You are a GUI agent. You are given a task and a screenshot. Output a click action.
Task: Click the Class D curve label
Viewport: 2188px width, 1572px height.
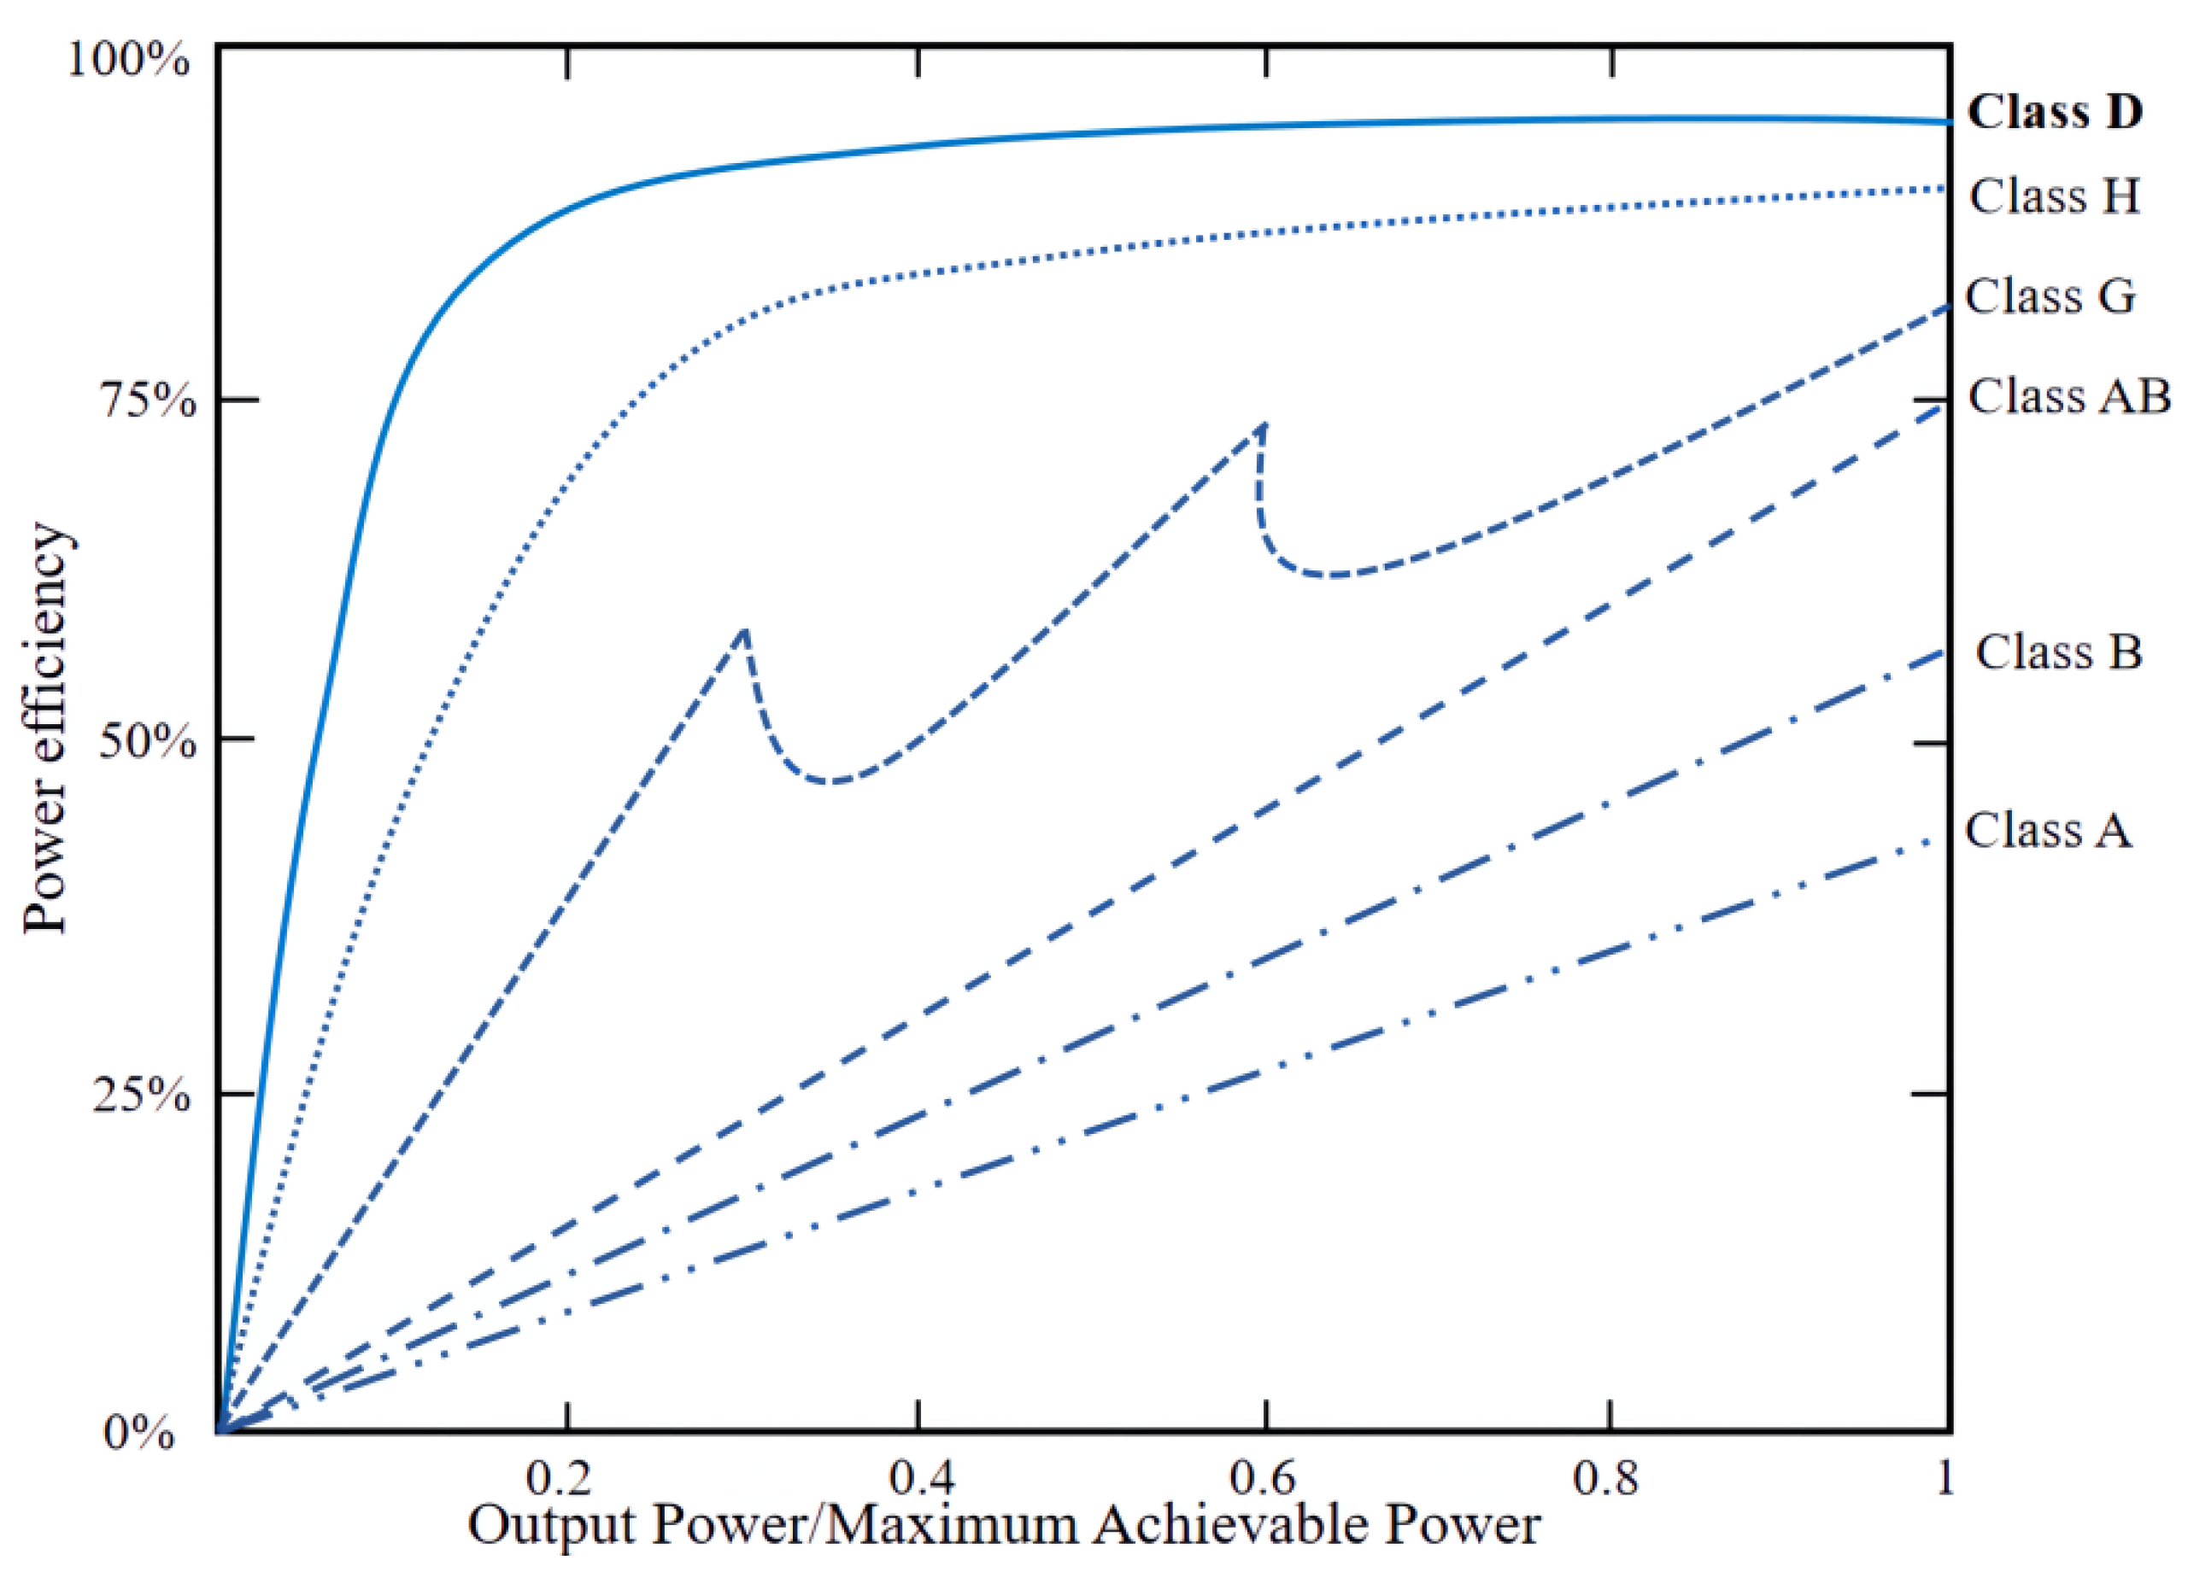click(2054, 112)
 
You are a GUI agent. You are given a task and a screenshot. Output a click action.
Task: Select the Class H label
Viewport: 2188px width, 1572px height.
click(2054, 196)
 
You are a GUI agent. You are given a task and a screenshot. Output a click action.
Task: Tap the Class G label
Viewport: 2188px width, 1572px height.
click(2050, 296)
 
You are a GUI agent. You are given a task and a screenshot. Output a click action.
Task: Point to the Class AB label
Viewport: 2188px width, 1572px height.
click(2068, 396)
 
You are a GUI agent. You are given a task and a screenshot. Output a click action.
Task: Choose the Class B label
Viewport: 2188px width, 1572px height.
click(2059, 652)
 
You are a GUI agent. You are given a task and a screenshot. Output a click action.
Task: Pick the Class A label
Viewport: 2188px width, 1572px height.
click(2047, 830)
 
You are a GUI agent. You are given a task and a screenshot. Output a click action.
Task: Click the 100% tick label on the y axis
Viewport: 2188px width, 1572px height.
click(127, 60)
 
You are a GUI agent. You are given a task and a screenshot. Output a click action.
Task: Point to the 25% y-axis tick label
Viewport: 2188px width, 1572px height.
click(142, 1096)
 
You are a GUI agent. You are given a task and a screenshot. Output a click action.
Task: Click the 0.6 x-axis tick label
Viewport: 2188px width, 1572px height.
click(1264, 1476)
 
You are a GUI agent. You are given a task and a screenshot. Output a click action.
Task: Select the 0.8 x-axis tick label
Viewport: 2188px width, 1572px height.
click(1609, 1476)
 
